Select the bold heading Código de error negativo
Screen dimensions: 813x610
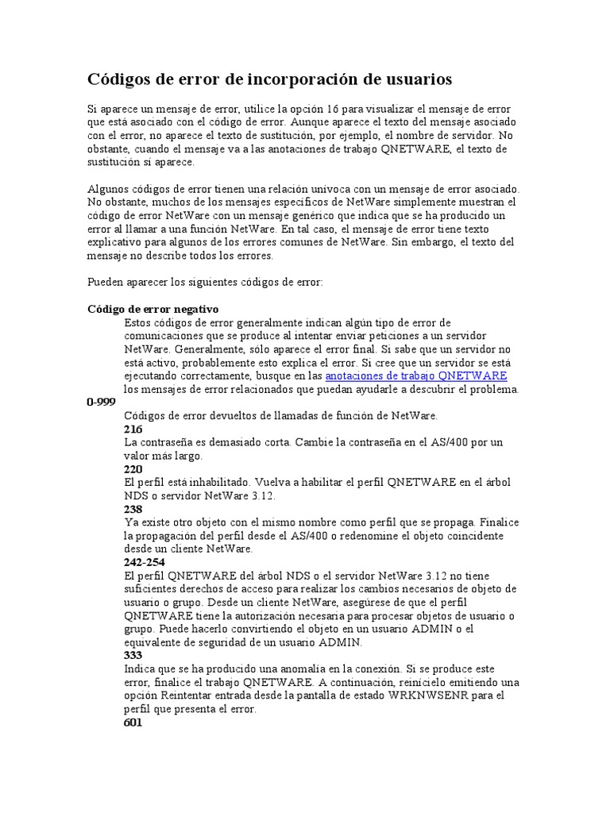(152, 309)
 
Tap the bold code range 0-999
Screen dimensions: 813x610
(102, 403)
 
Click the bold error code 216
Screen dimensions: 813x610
(133, 430)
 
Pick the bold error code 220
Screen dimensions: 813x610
(133, 469)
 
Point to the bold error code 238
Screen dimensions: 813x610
(133, 509)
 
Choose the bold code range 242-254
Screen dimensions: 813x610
(145, 562)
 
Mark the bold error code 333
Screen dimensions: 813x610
(133, 656)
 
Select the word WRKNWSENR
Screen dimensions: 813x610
(426, 695)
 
